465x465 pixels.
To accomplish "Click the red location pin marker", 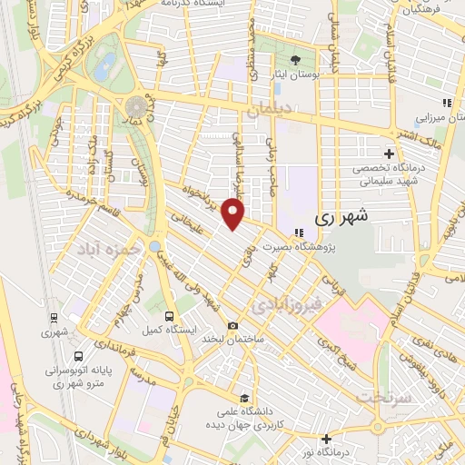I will click(x=234, y=213).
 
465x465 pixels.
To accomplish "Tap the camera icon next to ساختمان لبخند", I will click(x=233, y=326).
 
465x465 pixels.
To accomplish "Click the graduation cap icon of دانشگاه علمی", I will click(x=244, y=397).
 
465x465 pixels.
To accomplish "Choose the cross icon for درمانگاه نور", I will click(x=326, y=440).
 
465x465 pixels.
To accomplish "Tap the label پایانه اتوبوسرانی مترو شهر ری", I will click(x=78, y=377).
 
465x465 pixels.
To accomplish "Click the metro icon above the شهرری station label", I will click(x=54, y=318).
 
